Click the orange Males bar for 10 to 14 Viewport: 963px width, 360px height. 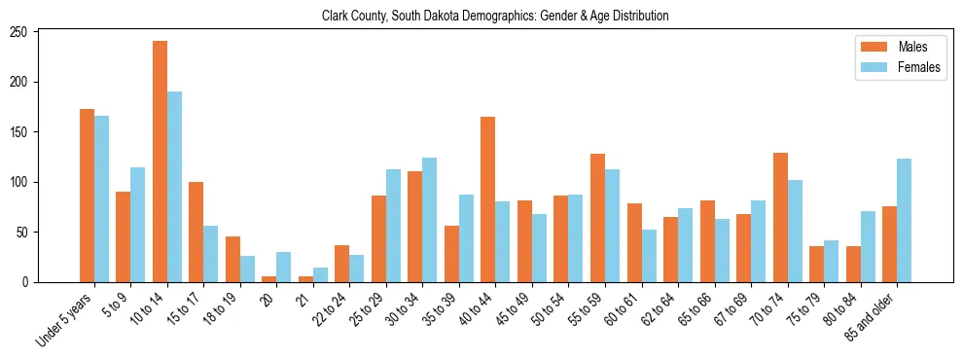point(160,162)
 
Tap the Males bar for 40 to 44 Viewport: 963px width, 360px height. point(488,199)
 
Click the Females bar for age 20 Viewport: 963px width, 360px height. point(284,268)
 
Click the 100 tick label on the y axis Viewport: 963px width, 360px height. point(23,182)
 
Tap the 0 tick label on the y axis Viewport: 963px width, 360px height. point(29,282)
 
